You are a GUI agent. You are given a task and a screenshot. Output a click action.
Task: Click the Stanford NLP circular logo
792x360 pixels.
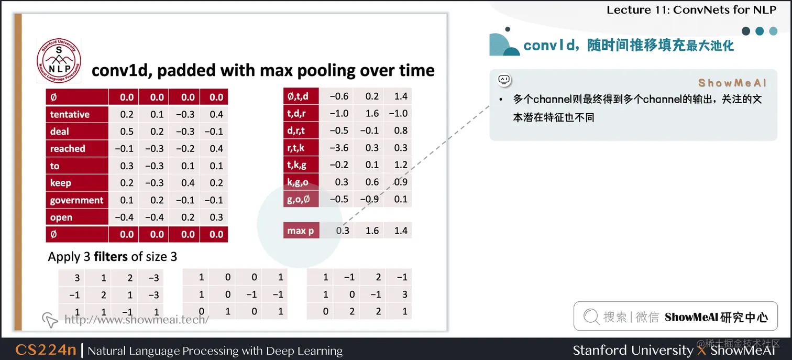pyautogui.click(x=59, y=60)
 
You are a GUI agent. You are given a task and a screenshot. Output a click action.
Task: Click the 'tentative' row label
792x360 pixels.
pyautogui.click(x=70, y=114)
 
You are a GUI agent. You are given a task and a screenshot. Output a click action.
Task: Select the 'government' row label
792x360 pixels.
pyautogui.click(x=76, y=200)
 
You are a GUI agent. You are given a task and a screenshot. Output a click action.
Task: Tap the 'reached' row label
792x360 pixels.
pyautogui.click(x=68, y=148)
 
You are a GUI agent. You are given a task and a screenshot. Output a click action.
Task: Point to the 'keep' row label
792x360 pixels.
pyautogui.click(x=61, y=183)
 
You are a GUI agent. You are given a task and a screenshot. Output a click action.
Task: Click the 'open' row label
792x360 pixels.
pyautogui.click(x=61, y=217)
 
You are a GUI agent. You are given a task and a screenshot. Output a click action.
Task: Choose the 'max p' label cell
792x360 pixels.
pyautogui.click(x=301, y=231)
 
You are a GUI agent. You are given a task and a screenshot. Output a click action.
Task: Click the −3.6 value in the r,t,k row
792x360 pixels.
pyautogui.click(x=339, y=148)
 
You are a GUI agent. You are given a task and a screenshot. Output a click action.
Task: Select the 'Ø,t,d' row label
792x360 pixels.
pyautogui.click(x=298, y=96)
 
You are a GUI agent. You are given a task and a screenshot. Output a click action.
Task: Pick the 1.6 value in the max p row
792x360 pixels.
pyautogui.click(x=372, y=231)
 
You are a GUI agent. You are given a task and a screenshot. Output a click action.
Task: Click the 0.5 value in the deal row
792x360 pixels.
pyautogui.click(x=127, y=132)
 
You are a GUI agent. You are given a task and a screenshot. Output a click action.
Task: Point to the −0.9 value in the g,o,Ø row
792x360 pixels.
pyautogui.click(x=371, y=199)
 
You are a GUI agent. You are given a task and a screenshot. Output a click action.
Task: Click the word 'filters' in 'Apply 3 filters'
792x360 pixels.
pyautogui.click(x=111, y=257)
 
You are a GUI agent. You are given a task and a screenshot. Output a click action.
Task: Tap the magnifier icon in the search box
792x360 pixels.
pyautogui.click(x=591, y=317)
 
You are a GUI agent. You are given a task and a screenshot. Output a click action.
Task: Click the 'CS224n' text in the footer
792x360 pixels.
pyautogui.click(x=46, y=350)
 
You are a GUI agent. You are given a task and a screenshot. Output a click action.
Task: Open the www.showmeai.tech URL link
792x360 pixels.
pyautogui.click(x=136, y=319)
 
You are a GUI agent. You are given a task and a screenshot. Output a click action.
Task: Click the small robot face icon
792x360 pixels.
pyautogui.click(x=504, y=80)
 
